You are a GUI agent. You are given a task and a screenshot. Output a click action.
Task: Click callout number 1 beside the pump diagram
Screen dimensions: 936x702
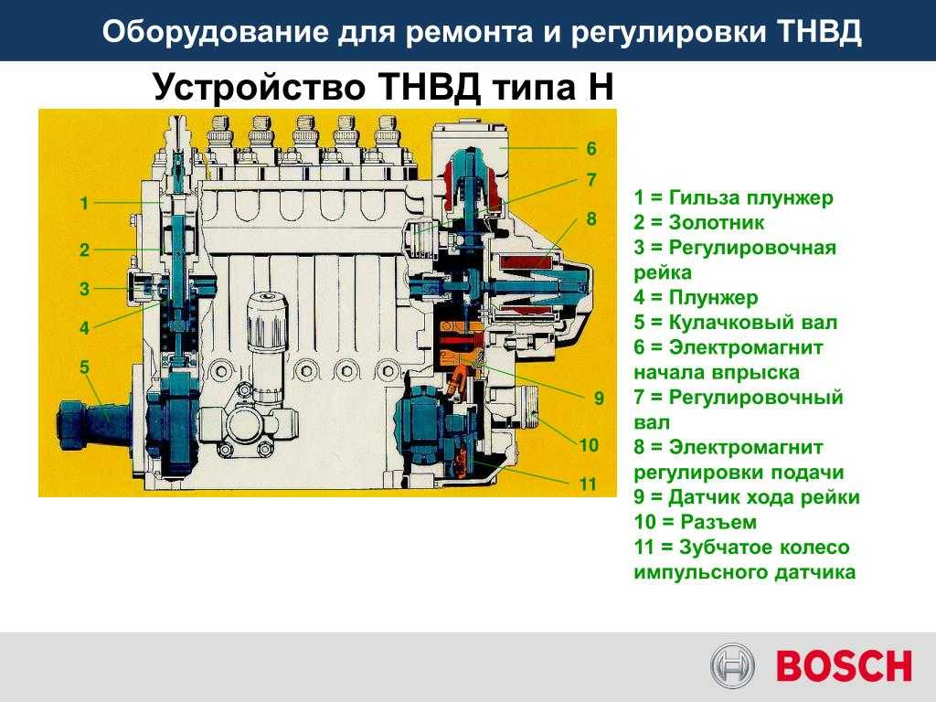tap(84, 204)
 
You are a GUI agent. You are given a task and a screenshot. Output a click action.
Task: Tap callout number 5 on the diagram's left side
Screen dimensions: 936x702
tap(84, 367)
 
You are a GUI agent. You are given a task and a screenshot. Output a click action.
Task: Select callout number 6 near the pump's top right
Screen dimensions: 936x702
tap(591, 149)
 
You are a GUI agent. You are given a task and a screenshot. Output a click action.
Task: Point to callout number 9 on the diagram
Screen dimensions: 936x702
tap(599, 399)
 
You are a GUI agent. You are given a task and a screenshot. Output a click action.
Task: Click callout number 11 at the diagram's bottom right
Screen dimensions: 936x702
tap(588, 484)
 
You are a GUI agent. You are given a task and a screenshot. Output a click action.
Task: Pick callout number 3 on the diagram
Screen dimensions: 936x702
tap(84, 289)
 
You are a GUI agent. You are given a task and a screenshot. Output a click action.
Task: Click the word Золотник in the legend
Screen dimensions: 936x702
tap(717, 223)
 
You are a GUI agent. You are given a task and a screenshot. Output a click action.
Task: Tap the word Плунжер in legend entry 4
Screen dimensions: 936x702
tap(713, 297)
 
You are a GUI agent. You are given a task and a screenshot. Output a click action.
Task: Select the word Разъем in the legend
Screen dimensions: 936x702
tap(718, 522)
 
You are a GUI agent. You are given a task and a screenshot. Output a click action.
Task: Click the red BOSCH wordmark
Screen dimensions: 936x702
tap(844, 666)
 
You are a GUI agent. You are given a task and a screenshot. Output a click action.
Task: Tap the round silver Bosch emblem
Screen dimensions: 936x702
tap(732, 666)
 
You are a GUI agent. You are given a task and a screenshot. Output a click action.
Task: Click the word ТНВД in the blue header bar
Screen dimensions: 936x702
tap(821, 32)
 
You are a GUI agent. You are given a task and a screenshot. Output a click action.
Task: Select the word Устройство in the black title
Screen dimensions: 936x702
tap(259, 87)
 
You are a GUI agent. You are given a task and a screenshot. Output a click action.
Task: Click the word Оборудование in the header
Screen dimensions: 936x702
tap(215, 32)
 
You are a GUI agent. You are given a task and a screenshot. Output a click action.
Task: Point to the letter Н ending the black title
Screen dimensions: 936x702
tap(601, 87)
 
